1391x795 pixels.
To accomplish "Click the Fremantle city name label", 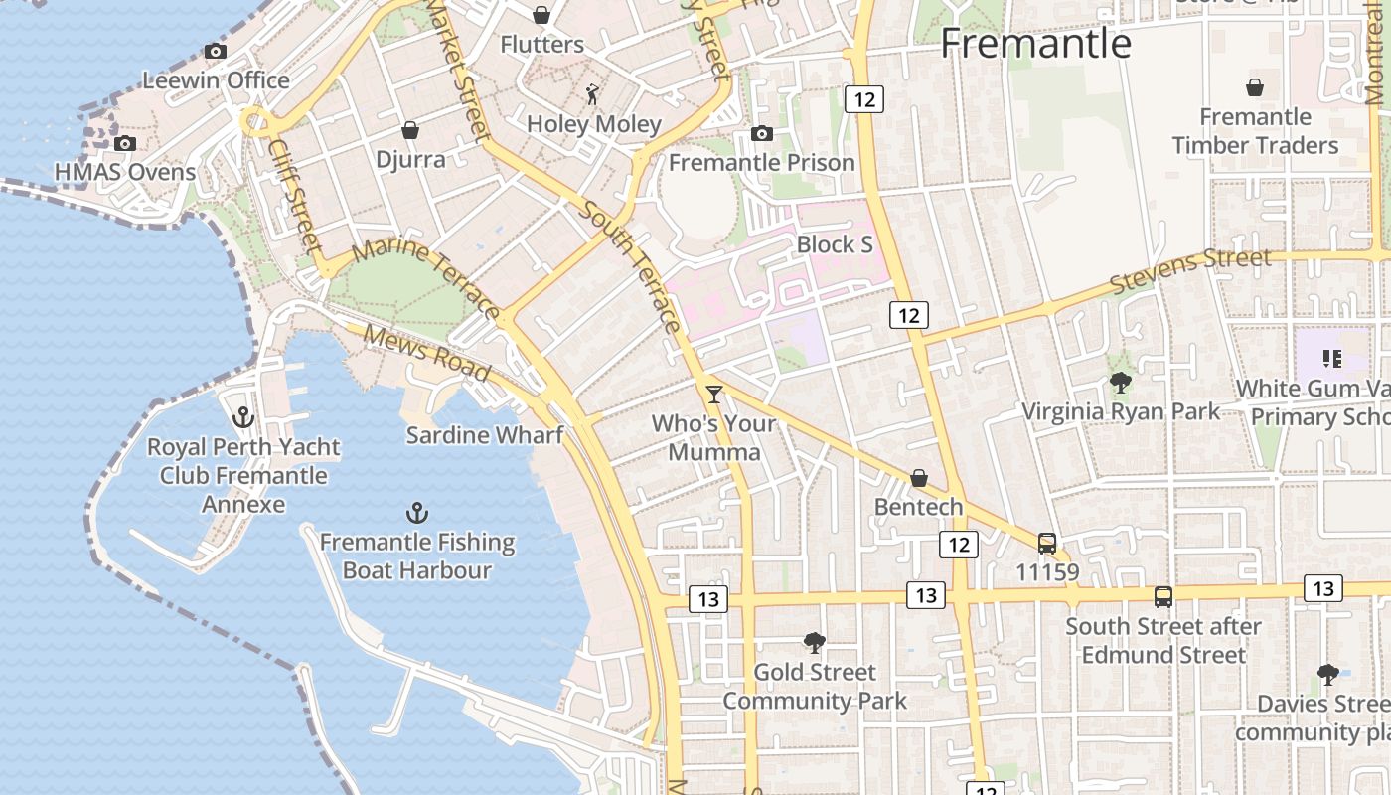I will click(x=1035, y=44).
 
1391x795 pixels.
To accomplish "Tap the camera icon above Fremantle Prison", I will click(x=762, y=133).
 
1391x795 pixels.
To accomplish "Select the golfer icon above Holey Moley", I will click(x=593, y=95).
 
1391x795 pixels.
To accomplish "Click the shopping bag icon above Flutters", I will click(x=541, y=15).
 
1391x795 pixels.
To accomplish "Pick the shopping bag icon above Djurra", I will click(x=410, y=130).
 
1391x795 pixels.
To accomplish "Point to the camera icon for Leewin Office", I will click(x=216, y=52).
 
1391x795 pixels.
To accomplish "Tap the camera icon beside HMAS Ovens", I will click(x=125, y=144).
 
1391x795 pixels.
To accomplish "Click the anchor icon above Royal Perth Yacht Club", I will click(x=243, y=417).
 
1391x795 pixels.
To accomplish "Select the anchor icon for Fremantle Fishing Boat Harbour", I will click(x=417, y=513).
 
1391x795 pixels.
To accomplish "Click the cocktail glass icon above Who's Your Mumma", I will click(x=713, y=395).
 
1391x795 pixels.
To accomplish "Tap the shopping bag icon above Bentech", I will click(x=919, y=478).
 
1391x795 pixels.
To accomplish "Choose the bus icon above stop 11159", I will click(x=1047, y=543).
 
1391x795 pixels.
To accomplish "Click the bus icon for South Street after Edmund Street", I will click(x=1163, y=597).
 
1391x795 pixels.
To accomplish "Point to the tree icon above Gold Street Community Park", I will click(x=815, y=643).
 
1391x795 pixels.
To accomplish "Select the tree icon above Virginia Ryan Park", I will click(x=1121, y=383).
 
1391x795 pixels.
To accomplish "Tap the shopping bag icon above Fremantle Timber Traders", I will click(x=1255, y=87).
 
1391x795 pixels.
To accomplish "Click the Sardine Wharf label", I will click(x=485, y=435).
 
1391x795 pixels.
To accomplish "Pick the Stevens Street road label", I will click(x=1190, y=271).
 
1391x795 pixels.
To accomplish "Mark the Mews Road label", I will click(x=426, y=353).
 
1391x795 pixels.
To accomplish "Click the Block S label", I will click(x=835, y=244).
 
